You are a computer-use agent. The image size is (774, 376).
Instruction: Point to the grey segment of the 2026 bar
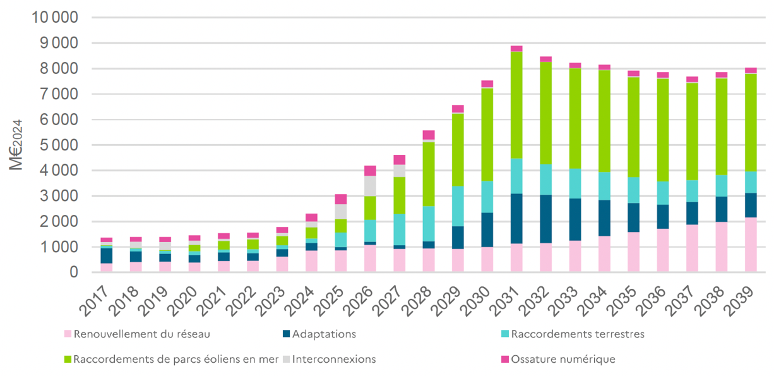pos(370,186)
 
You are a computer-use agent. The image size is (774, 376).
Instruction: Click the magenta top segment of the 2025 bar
pos(341,199)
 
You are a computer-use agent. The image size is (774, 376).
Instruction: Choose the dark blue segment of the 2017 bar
pos(107,255)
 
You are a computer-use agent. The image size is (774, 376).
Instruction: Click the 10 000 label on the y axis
pos(54,18)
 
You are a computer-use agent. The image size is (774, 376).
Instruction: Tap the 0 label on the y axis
pos(73,272)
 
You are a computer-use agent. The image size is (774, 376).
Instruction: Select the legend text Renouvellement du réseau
pos(141,334)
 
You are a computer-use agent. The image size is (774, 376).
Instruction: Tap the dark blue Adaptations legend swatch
pos(286,334)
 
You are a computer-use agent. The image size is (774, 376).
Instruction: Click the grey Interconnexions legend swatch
pos(286,359)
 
